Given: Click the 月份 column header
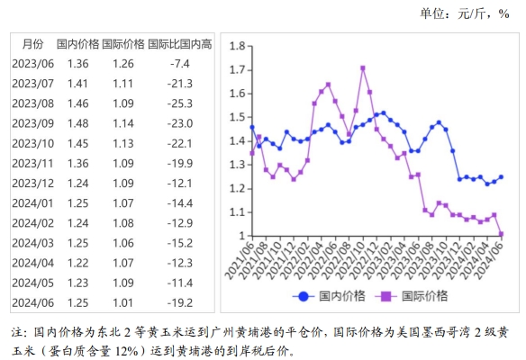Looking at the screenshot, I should tap(32, 43).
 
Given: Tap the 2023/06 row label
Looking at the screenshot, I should tap(32, 63).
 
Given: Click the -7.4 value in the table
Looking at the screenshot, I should tap(180, 63).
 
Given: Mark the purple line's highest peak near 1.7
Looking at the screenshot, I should tap(362, 67).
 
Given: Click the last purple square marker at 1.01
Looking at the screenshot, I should tap(501, 234).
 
